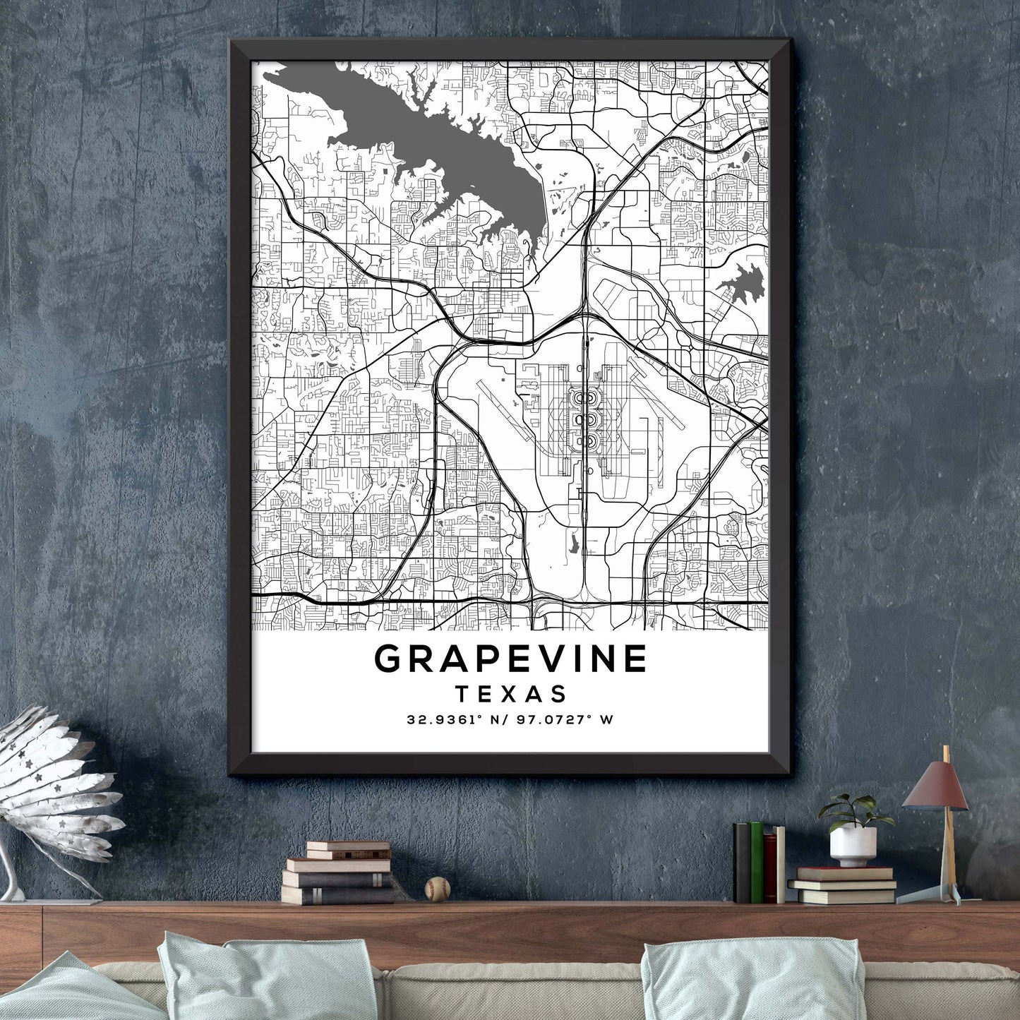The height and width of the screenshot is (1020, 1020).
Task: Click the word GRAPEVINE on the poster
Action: (510, 659)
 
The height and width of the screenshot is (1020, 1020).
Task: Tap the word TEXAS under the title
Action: (511, 694)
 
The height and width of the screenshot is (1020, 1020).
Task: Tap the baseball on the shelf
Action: (438, 889)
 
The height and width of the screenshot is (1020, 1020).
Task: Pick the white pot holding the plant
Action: (853, 846)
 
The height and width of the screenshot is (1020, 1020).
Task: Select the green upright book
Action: (757, 862)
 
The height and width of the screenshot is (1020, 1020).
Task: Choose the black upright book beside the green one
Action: (742, 863)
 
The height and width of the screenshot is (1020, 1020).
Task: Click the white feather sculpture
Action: (56, 784)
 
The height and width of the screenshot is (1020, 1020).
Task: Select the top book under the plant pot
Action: (846, 873)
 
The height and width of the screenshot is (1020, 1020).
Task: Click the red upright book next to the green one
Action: (770, 868)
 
